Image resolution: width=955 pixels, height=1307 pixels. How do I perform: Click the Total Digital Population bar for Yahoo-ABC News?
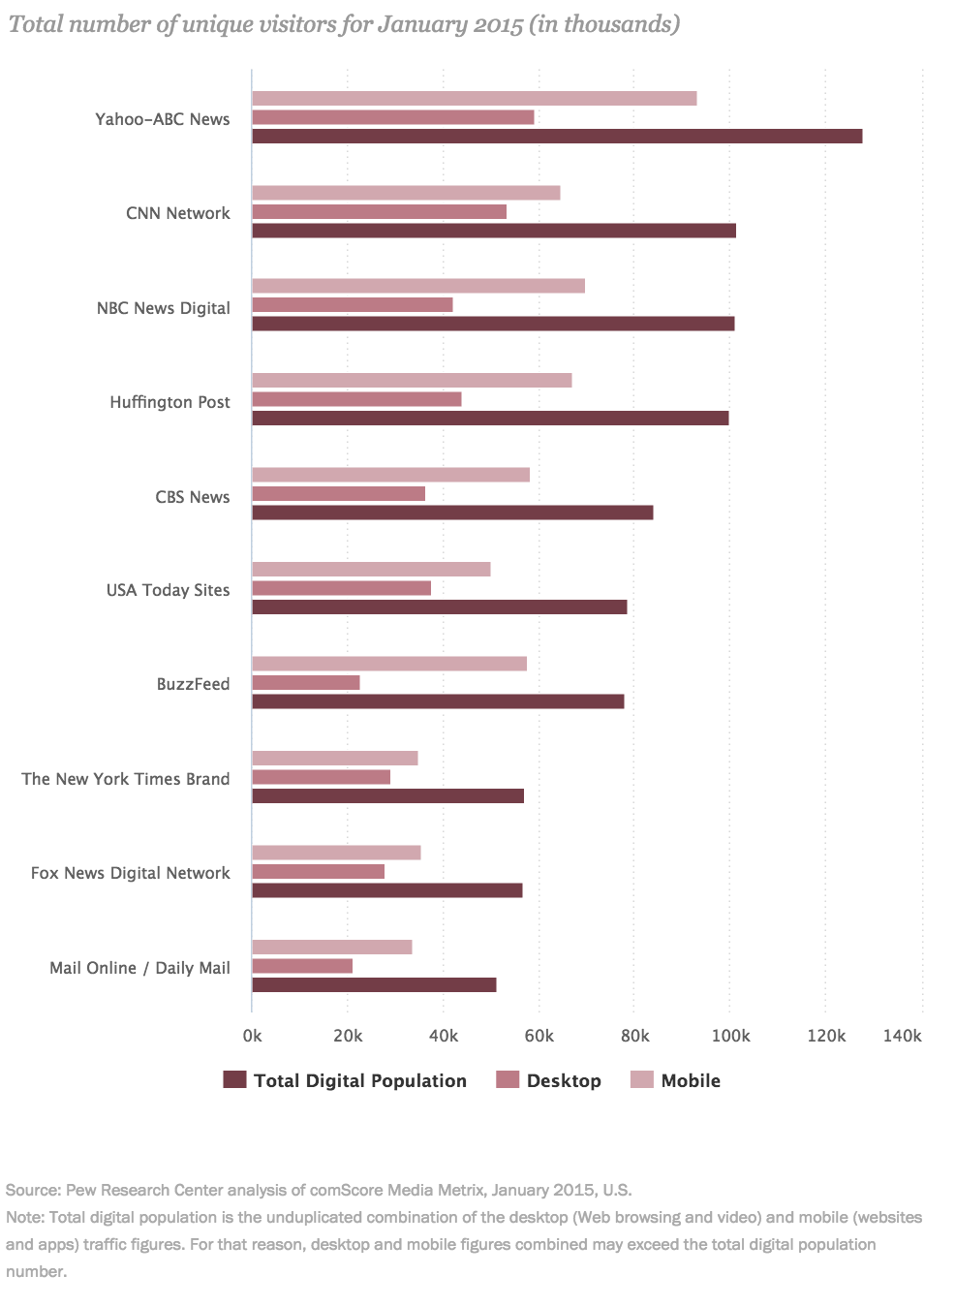tap(557, 137)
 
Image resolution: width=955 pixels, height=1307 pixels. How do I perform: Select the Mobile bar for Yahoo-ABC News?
tap(475, 99)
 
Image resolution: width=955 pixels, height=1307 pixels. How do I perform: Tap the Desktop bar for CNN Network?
tap(379, 212)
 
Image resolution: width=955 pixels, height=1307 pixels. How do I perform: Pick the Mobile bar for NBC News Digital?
tap(418, 286)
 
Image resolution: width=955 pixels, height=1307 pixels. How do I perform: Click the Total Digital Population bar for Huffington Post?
tap(490, 419)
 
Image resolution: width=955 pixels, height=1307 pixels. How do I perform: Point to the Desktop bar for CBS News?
tap(338, 494)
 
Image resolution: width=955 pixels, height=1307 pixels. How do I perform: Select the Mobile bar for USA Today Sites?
tap(371, 570)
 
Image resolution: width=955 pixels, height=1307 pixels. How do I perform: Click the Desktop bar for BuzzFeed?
tap(306, 683)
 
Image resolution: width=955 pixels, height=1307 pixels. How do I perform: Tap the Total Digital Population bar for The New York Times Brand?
tap(387, 796)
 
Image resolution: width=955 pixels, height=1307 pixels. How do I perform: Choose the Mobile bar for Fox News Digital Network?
tap(336, 853)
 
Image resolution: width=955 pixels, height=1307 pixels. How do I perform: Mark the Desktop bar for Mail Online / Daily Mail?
tap(302, 966)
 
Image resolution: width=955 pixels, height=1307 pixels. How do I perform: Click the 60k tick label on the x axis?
tap(539, 1036)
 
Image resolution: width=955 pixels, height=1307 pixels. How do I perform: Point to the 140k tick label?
tap(902, 1036)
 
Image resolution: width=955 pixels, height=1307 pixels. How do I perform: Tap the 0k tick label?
tap(252, 1036)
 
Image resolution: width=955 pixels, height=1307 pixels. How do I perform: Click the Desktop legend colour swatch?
tap(508, 1080)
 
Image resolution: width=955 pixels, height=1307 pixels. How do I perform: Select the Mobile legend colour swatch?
tap(642, 1080)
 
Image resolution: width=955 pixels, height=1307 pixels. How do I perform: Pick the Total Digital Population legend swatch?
tap(234, 1080)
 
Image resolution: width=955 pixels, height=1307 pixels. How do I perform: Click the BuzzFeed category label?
tap(193, 684)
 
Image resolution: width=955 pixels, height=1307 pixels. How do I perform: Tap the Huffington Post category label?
tap(169, 402)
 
